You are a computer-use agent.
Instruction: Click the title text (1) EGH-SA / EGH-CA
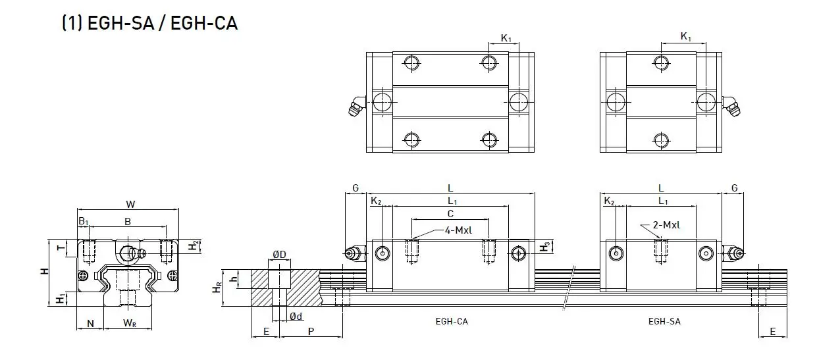click(149, 24)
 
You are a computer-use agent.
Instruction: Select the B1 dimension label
click(83, 222)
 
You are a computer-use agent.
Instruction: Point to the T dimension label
click(59, 248)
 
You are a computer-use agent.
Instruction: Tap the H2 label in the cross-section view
click(192, 245)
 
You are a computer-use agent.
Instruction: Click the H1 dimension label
click(60, 299)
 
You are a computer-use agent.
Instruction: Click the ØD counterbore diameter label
click(278, 255)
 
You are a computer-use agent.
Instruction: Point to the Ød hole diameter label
click(296, 317)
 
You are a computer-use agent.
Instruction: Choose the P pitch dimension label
click(309, 331)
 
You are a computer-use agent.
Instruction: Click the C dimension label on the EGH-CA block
click(450, 213)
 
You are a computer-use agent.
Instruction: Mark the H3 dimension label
click(544, 247)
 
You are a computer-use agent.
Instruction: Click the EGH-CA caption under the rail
click(452, 321)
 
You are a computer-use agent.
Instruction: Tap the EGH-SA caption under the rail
click(664, 321)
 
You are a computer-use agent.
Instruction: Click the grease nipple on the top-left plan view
click(356, 106)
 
